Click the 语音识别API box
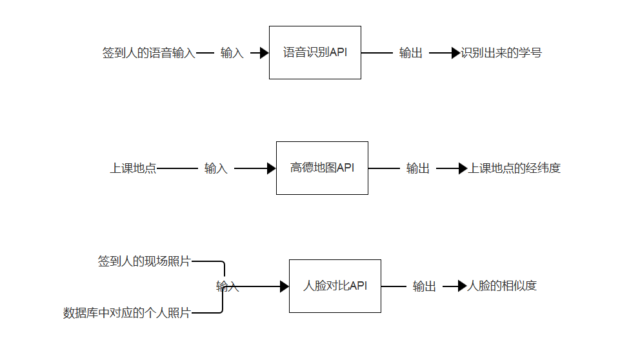pos(315,53)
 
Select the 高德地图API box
pos(322,168)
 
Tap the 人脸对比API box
pos(335,286)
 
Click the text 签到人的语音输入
pos(149,53)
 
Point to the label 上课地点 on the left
pos(133,168)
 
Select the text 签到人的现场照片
pos(145,261)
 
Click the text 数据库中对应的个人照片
pos(127,313)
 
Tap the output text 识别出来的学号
pos(501,53)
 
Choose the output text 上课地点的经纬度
pos(514,168)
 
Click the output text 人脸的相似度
pos(501,286)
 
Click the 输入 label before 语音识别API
pos(232,53)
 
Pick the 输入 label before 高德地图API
pos(216,168)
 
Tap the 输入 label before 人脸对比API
pos(228,286)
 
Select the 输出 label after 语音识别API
pos(411,53)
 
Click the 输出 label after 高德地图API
pos(418,168)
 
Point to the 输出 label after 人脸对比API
pos(425,286)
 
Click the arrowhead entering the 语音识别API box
pos(264,53)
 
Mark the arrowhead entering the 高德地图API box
pos(271,168)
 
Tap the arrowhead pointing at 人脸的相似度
pos(461,286)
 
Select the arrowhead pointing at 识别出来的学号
pos(456,53)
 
